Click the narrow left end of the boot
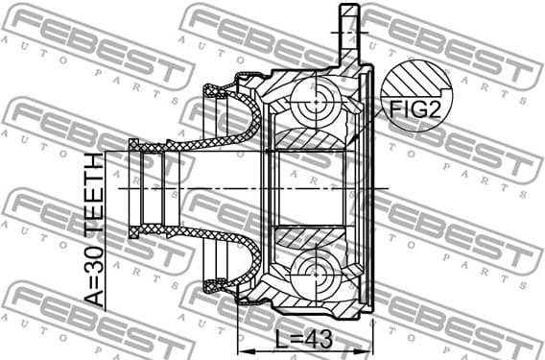(138, 186)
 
